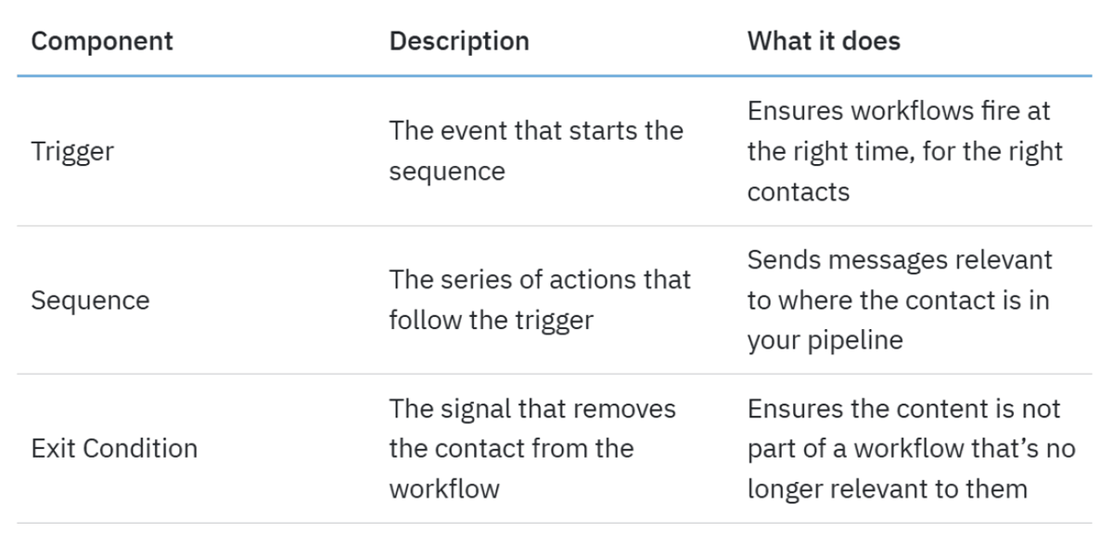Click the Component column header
coord(102,41)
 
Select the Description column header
coord(459,41)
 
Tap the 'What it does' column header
coord(824,41)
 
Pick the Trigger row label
coord(72,151)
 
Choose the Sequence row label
coord(90,300)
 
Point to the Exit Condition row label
coord(114,449)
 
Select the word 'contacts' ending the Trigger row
coord(799,192)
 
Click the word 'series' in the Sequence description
coord(476,280)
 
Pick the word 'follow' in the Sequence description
coord(426,320)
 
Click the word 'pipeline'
coord(854,341)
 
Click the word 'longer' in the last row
coord(785,490)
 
